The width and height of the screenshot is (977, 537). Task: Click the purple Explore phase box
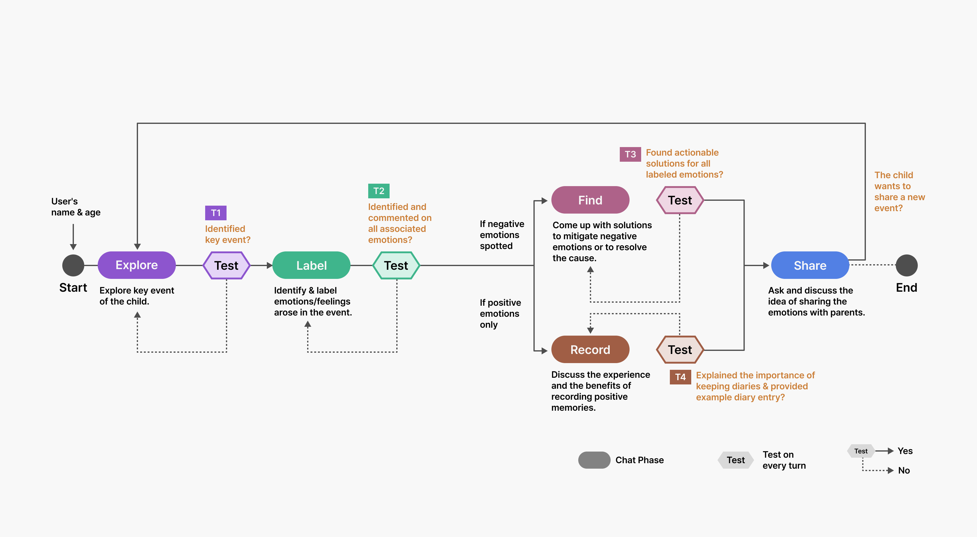point(136,265)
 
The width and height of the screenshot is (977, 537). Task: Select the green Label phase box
point(311,265)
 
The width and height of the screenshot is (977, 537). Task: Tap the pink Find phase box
point(590,200)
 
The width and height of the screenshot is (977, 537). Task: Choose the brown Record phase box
point(590,349)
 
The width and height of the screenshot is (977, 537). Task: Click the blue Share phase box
point(810,265)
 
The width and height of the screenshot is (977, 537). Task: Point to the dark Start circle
point(73,265)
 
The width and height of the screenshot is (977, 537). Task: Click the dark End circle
point(906,265)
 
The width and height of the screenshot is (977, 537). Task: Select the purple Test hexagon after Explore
point(227,265)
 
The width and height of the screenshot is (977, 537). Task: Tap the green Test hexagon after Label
point(396,265)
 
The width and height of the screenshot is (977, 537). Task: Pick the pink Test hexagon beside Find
point(680,200)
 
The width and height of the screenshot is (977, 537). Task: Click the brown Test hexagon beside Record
point(680,349)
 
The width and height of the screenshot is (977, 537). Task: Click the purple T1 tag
point(216,213)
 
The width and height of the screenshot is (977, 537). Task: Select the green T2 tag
point(379,191)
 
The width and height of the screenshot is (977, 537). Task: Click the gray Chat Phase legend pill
point(594,460)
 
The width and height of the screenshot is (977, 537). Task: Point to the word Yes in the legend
point(905,451)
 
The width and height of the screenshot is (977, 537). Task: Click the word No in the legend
point(904,470)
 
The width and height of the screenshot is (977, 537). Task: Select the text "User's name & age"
point(76,207)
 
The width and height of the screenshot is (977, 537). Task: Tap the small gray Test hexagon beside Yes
point(861,451)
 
